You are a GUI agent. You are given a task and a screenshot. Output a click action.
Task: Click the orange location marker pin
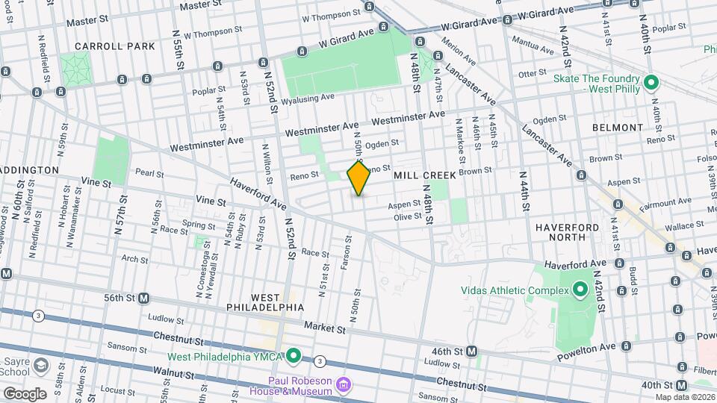pos(358,178)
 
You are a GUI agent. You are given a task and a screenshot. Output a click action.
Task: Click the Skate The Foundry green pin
pos(651,82)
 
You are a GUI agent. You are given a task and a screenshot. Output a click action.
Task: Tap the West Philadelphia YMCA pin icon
pos(294,357)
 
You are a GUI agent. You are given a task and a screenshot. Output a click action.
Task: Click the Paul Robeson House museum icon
pos(344,385)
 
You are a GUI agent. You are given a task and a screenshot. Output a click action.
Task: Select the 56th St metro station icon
pos(143,297)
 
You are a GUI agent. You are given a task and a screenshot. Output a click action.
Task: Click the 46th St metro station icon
pos(472,351)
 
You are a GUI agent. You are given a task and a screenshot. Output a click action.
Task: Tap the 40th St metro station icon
pos(681,385)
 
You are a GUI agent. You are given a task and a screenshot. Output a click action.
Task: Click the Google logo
pos(25,393)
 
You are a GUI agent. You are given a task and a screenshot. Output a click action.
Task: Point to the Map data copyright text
pos(683,397)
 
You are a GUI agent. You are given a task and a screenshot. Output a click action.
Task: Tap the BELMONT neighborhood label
pos(617,128)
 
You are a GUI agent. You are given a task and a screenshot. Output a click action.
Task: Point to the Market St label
pos(325,328)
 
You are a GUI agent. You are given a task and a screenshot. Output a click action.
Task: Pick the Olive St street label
pos(409,217)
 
